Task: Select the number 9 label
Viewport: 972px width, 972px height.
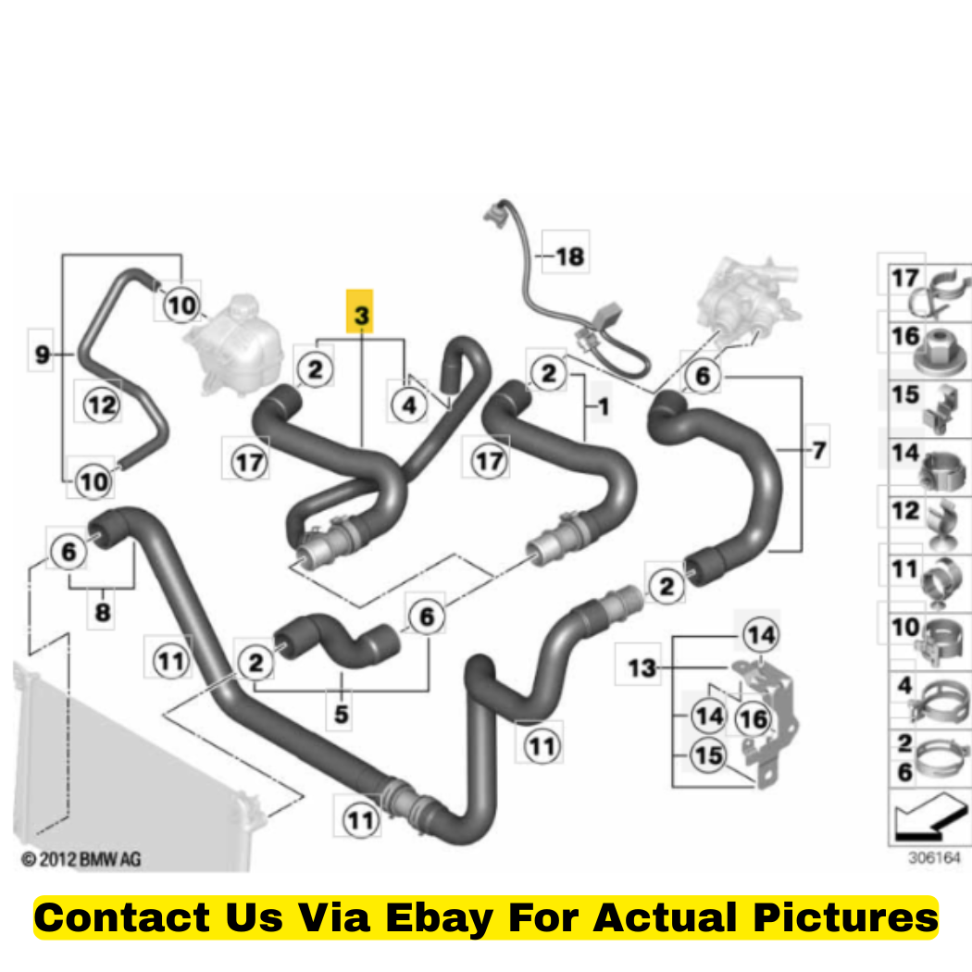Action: [x=42, y=354]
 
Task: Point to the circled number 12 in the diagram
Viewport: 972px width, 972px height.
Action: [x=102, y=405]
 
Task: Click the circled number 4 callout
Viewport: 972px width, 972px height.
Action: [x=409, y=405]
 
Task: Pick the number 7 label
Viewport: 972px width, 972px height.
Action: [x=819, y=450]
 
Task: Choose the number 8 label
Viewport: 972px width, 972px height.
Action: [x=102, y=612]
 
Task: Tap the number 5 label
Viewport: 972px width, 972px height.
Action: [x=341, y=714]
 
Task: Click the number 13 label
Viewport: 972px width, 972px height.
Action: [x=641, y=667]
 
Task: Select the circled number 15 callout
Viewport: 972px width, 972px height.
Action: [x=708, y=755]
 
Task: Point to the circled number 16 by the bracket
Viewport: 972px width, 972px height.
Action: [x=754, y=719]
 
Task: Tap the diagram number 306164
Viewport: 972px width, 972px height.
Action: [x=934, y=858]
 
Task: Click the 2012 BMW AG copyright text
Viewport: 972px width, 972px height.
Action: [x=81, y=859]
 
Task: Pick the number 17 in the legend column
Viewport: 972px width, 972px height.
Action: [x=904, y=277]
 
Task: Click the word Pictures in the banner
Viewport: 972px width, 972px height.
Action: [x=845, y=917]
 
